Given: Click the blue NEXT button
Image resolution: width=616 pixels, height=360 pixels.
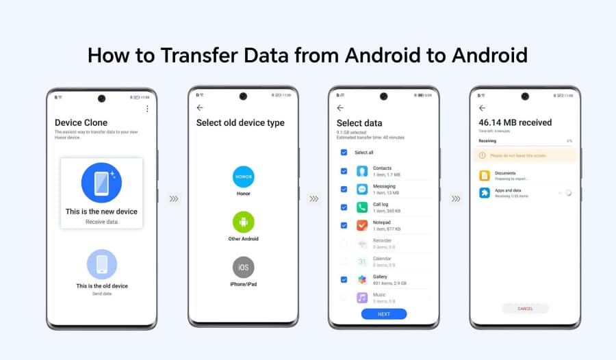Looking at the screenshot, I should click(384, 314).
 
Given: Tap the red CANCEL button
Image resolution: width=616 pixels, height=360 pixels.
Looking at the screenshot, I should click(525, 309).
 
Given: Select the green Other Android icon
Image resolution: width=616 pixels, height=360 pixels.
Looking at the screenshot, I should click(243, 222).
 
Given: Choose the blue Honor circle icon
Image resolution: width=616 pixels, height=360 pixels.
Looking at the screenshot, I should click(243, 177).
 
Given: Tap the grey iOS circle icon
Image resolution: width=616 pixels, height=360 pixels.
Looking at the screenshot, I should click(243, 267).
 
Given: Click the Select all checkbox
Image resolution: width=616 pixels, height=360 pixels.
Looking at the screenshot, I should click(344, 153).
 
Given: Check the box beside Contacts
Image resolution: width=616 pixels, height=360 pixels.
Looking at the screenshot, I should click(344, 171).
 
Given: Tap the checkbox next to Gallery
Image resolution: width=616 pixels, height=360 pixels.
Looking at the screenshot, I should click(344, 279).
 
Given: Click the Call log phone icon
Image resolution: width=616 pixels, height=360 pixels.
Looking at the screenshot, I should click(362, 207).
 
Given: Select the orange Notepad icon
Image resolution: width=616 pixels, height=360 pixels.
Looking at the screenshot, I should click(362, 225).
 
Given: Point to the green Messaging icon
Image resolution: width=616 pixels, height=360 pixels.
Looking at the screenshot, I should click(362, 189).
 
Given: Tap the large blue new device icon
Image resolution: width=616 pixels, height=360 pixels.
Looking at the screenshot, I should click(101, 183).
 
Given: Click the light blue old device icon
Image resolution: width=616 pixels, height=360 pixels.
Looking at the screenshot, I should click(102, 264).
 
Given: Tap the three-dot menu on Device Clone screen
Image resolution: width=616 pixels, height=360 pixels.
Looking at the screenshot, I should click(147, 109).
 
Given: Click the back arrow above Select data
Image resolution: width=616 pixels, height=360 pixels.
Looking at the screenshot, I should click(340, 108).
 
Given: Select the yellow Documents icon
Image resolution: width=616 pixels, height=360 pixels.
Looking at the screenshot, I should click(485, 175).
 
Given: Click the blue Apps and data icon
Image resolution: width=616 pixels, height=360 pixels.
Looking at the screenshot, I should click(485, 193).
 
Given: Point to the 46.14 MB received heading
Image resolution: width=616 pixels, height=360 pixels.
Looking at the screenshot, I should click(515, 123).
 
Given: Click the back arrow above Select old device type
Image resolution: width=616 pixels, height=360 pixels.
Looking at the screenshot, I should click(200, 108).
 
